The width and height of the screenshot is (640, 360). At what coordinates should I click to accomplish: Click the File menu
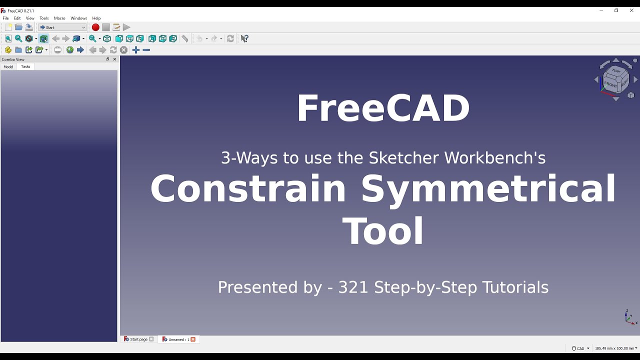(5, 18)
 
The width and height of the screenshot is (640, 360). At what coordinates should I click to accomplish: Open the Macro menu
(59, 18)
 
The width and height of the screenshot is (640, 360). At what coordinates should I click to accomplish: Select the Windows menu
(78, 18)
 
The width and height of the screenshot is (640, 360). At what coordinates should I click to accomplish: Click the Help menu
(96, 18)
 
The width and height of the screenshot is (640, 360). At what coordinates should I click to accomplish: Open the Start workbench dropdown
(62, 27)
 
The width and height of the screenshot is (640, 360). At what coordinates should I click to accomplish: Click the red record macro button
(95, 27)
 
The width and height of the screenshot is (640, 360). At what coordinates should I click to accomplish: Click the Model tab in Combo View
(8, 66)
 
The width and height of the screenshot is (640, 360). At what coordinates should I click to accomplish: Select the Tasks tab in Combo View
(25, 66)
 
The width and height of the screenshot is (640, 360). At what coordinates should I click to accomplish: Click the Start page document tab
(138, 339)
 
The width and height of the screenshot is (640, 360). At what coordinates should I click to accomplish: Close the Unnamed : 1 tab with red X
(193, 339)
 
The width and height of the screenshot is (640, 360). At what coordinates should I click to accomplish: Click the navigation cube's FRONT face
(610, 84)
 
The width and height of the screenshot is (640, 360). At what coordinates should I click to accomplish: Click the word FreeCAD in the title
(383, 108)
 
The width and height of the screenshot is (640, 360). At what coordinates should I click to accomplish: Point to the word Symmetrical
(488, 188)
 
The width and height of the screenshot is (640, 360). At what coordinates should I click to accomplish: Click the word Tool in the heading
(383, 231)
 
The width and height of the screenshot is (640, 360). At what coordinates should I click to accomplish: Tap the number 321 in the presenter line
(353, 287)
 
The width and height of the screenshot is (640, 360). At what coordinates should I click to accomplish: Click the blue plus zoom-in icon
(135, 50)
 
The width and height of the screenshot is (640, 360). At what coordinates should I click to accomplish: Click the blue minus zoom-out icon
(146, 50)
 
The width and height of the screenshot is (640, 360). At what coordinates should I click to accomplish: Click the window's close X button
(631, 10)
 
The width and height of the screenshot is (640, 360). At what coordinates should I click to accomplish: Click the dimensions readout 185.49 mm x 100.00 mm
(615, 348)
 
